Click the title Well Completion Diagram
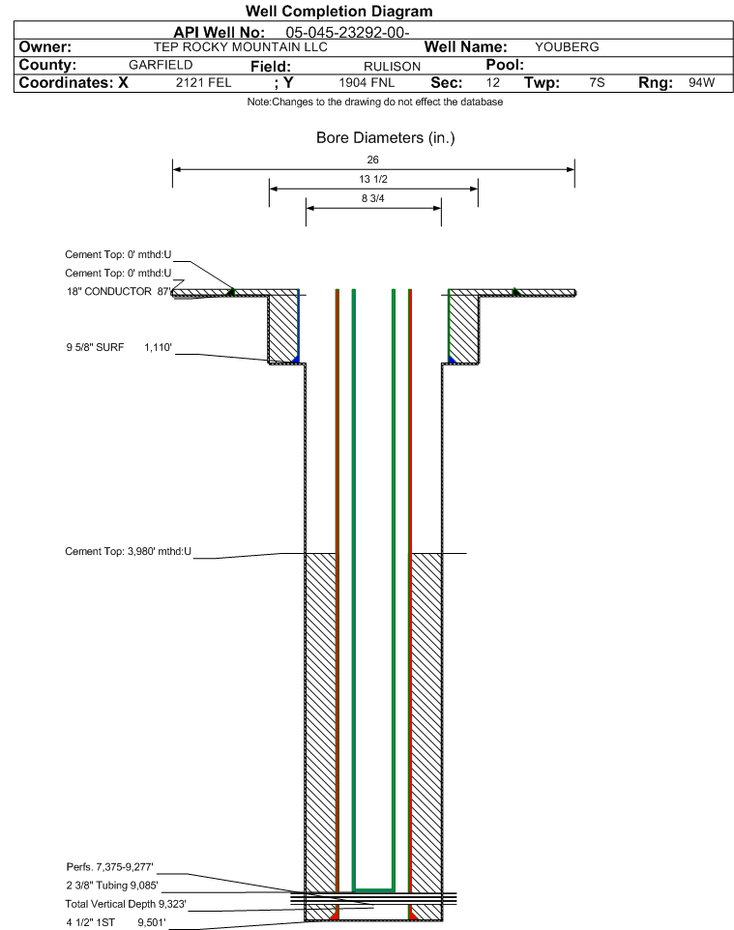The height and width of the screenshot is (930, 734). coord(338,12)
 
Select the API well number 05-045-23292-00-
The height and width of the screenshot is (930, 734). coord(348,33)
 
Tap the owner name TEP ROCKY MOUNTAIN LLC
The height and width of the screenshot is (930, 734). coord(241,47)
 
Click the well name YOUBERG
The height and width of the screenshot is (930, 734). coord(567,47)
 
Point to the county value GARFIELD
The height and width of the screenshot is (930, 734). coord(161,65)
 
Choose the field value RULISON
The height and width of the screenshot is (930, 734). coord(393,67)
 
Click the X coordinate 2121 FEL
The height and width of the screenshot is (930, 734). coord(203,82)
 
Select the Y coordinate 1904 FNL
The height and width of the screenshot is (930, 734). coord(367,82)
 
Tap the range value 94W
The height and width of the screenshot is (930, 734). coord(701,82)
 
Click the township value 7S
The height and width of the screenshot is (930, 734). coord(597,82)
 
